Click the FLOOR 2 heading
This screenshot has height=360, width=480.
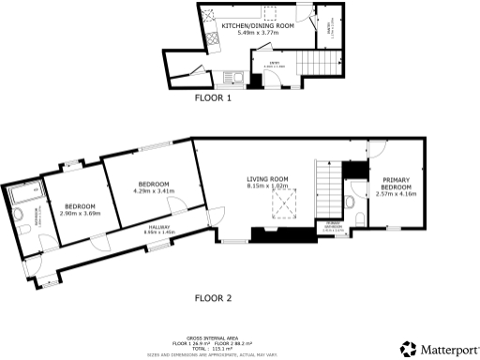[x=213, y=298]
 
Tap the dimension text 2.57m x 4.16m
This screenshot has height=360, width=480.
[x=394, y=194]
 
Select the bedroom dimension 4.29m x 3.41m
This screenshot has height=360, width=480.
[x=153, y=190]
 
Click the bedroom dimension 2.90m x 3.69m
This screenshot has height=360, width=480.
[x=79, y=213]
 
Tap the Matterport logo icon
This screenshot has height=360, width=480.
[x=408, y=349]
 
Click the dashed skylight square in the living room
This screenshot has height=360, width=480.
[x=280, y=203]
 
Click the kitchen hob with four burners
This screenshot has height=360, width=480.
[x=216, y=39]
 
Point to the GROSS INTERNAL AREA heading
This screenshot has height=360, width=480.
[x=212, y=335]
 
